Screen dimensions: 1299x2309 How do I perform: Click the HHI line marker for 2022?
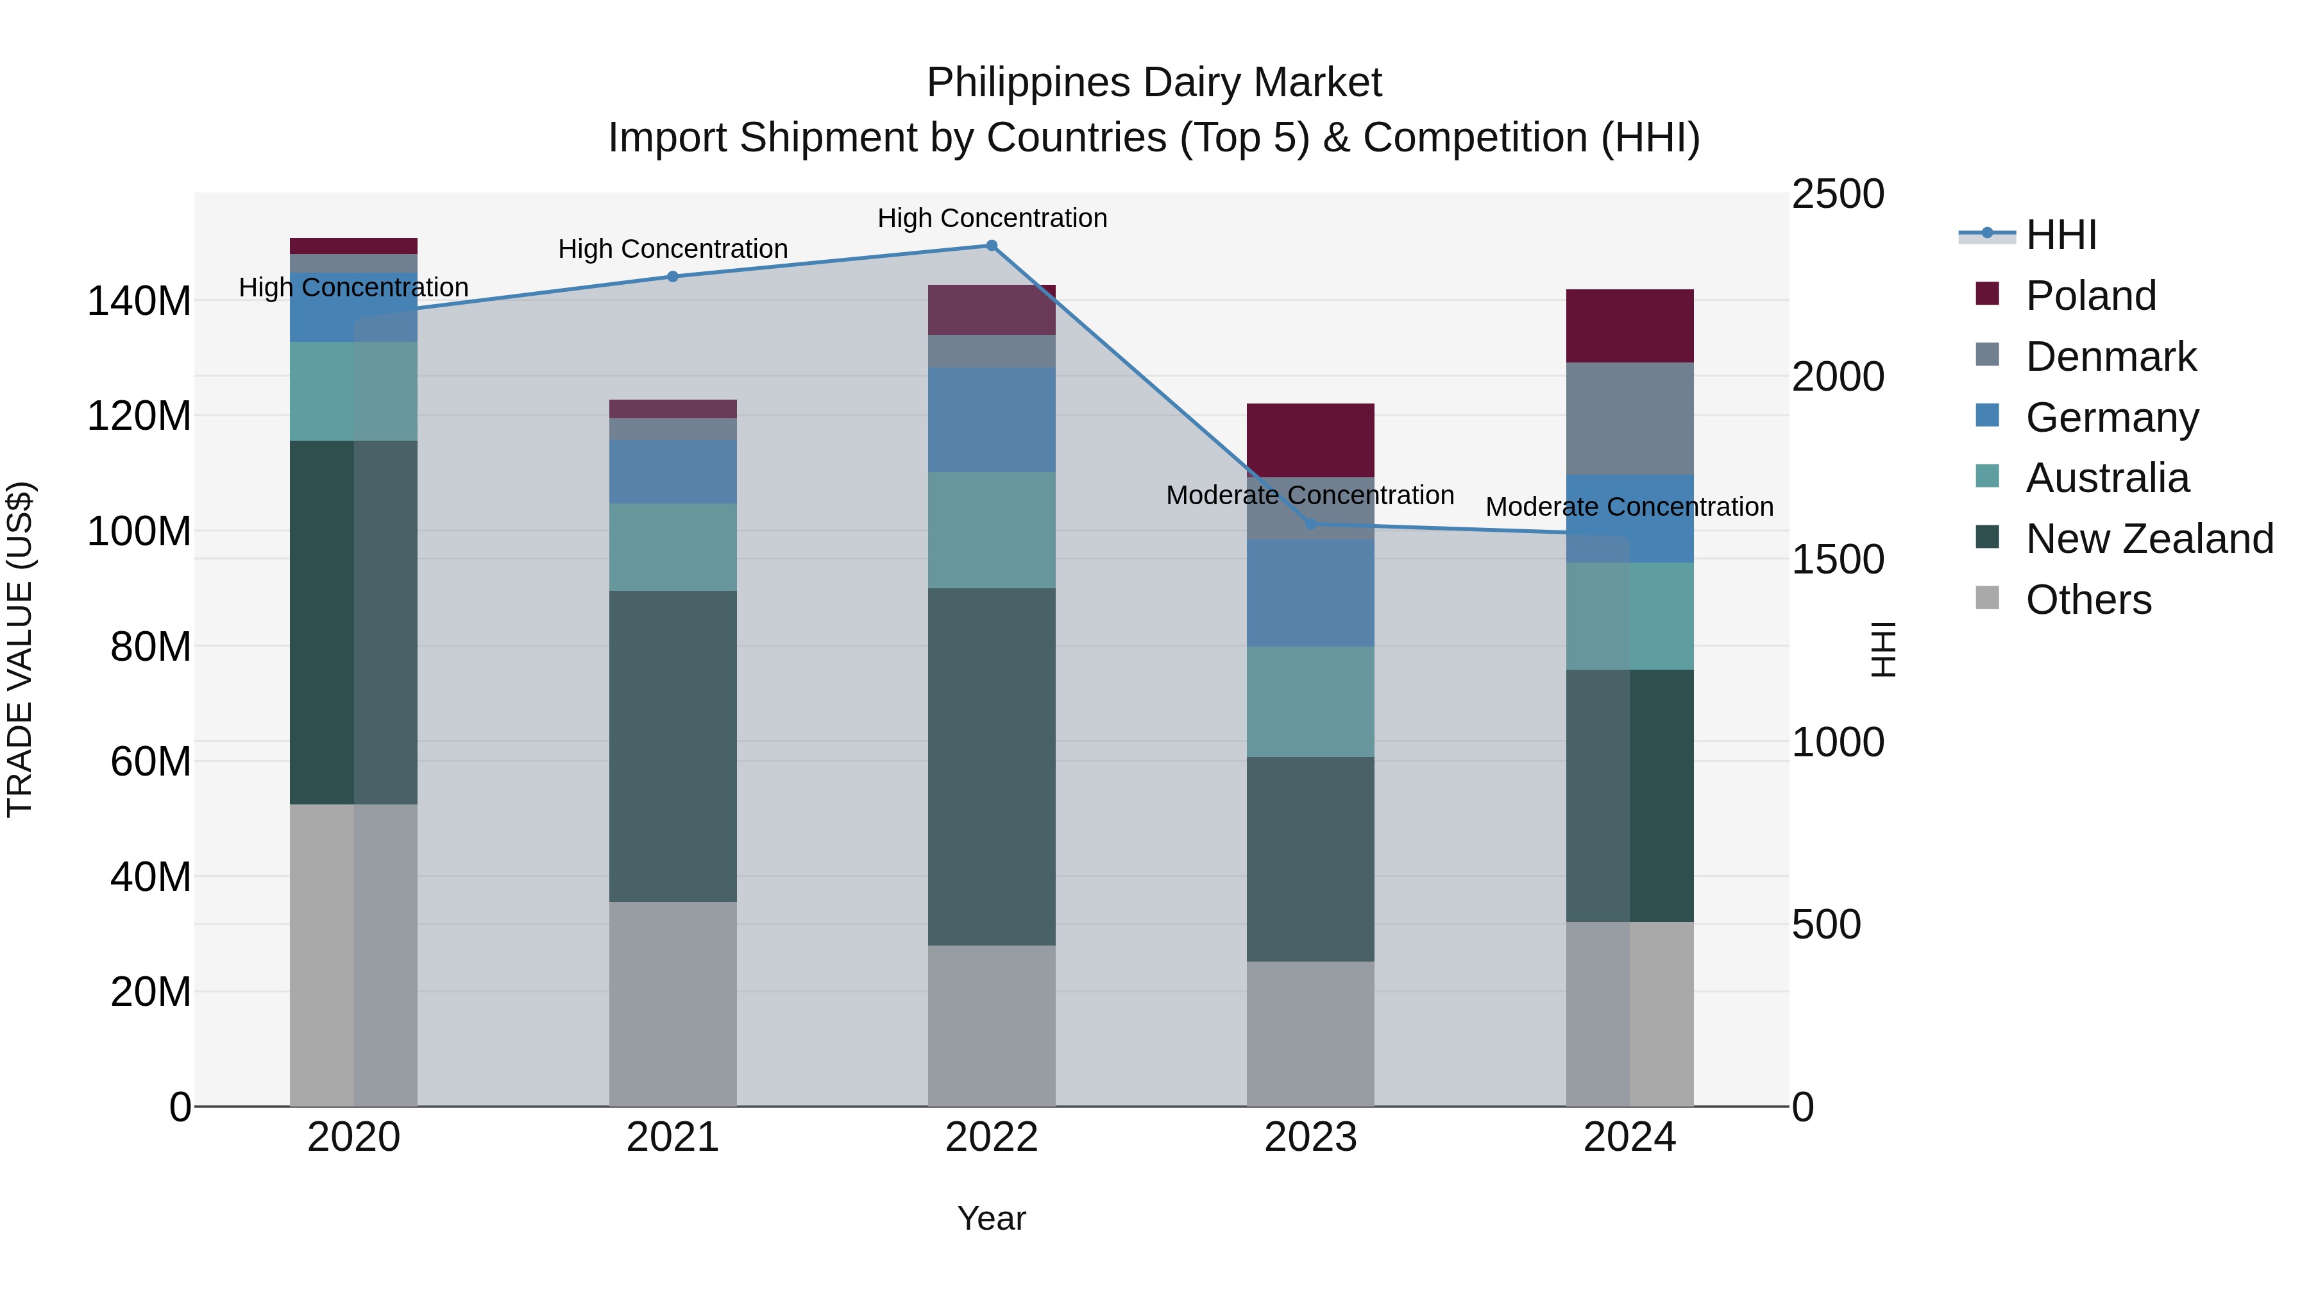pyautogui.click(x=992, y=246)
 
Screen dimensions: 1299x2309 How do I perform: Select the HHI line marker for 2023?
pyautogui.click(x=1310, y=523)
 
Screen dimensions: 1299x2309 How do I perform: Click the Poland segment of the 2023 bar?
pyautogui.click(x=1310, y=440)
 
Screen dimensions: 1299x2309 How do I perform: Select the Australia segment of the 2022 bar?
pyautogui.click(x=992, y=530)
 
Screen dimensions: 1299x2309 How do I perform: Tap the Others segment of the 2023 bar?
pyautogui.click(x=1310, y=1033)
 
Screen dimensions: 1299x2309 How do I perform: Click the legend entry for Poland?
pyautogui.click(x=2090, y=296)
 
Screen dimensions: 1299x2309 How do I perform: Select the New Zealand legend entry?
pyautogui.click(x=2149, y=539)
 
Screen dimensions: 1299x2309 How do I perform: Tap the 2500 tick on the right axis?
pyautogui.click(x=1838, y=194)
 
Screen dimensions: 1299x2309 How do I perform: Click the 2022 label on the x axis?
pyautogui.click(x=992, y=1137)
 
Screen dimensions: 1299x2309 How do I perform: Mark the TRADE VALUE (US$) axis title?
pyautogui.click(x=20, y=649)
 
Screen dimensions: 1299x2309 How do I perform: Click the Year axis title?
pyautogui.click(x=992, y=1218)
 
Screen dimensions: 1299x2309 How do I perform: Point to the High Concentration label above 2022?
pyautogui.click(x=992, y=218)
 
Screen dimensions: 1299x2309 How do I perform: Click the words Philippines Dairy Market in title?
pyautogui.click(x=1154, y=83)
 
